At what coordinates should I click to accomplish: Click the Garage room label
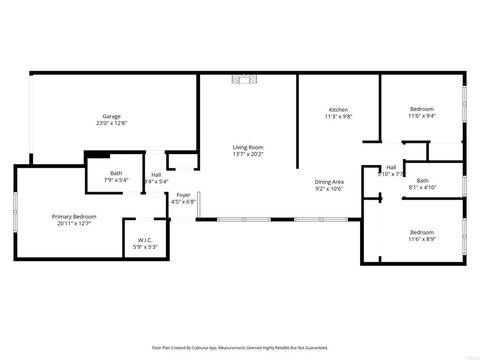pos(111,116)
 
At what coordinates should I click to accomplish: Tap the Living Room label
pos(247,147)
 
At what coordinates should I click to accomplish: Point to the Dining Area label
pos(329,181)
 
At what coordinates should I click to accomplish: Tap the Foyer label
pos(183,195)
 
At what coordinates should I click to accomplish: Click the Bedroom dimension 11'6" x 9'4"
pos(421,115)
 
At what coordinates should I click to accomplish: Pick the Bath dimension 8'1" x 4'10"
pos(421,187)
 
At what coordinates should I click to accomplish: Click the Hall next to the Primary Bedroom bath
pos(157,175)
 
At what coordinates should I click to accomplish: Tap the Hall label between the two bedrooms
pos(390,167)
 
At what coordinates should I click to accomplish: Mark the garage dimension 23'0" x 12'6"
pos(111,123)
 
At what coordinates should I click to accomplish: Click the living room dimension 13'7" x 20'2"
pos(247,154)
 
